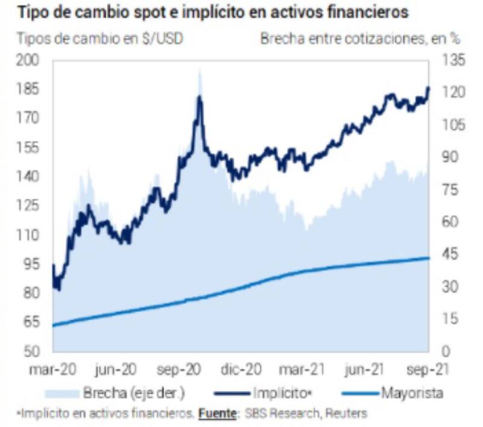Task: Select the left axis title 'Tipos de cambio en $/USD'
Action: [100, 39]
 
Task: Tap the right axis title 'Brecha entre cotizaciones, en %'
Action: [360, 39]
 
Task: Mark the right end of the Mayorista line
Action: [429, 258]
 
